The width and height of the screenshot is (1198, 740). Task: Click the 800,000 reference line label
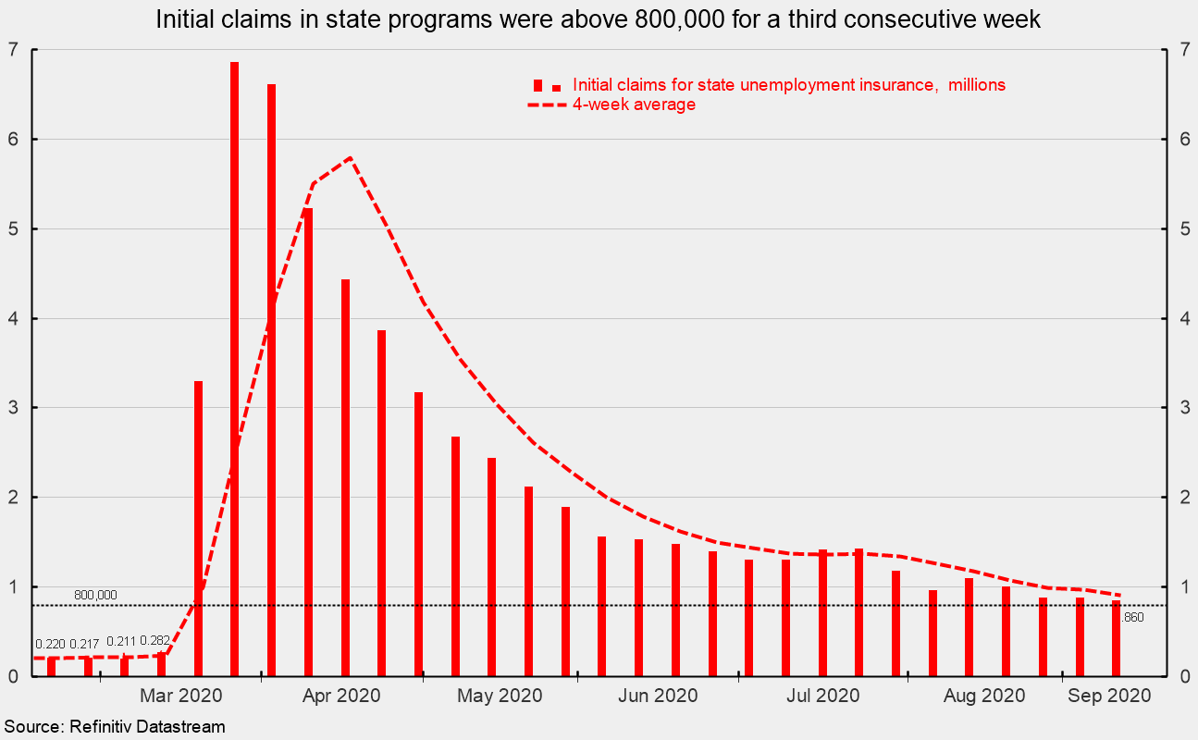click(x=95, y=595)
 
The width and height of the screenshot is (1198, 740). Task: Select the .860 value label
click(x=1133, y=617)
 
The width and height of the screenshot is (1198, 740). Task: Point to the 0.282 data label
click(x=156, y=641)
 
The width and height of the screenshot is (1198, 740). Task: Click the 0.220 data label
click(x=51, y=644)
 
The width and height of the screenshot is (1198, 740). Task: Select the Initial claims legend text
click(x=788, y=85)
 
